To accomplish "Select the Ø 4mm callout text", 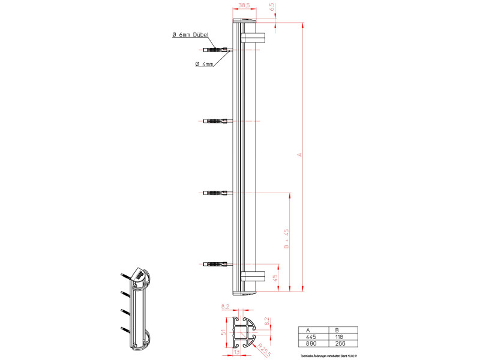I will [204, 64].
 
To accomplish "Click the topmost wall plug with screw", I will [216, 50].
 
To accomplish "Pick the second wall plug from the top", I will [216, 121].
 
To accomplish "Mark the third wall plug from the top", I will [216, 193].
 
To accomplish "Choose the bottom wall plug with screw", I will [216, 264].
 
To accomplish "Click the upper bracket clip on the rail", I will [254, 38].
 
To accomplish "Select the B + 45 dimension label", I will [287, 239].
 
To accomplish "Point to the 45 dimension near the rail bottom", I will [275, 278].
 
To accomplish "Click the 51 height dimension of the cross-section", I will [224, 333].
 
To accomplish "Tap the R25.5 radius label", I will [262, 346].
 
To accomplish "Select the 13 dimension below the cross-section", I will [238, 353].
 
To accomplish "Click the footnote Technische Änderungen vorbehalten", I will [328, 356].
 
